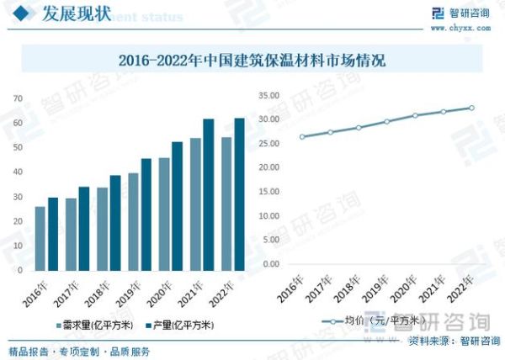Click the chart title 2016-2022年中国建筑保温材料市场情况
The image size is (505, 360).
click(252, 61)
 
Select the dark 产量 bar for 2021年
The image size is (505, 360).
click(208, 194)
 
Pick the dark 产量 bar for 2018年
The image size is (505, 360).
click(115, 223)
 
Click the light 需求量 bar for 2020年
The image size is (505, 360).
click(163, 214)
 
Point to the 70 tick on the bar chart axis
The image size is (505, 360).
click(17, 98)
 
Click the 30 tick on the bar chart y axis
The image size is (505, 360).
click(17, 197)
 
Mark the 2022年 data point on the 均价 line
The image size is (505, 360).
click(471, 108)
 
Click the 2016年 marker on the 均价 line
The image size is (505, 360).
click(302, 137)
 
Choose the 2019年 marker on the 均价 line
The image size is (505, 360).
click(386, 121)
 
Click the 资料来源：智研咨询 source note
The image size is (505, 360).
click(454, 341)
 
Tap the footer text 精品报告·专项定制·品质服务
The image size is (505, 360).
click(79, 351)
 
